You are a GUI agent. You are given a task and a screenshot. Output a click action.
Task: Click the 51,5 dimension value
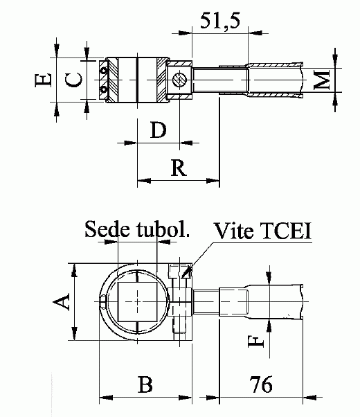point(220,21)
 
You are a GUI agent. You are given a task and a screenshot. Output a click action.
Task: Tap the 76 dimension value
point(261,384)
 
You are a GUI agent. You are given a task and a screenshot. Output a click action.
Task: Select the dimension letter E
point(43,80)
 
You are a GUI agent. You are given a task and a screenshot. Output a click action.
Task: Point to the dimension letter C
point(73,80)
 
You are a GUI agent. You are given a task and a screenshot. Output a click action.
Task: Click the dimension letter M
point(322,80)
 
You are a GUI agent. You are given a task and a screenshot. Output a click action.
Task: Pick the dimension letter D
point(159,130)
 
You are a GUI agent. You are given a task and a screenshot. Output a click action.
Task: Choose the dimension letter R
point(179,168)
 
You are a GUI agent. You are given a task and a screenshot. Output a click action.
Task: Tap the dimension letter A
point(61,301)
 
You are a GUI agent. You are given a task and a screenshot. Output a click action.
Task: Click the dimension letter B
point(145,384)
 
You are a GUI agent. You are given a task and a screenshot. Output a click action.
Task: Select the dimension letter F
point(256,341)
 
